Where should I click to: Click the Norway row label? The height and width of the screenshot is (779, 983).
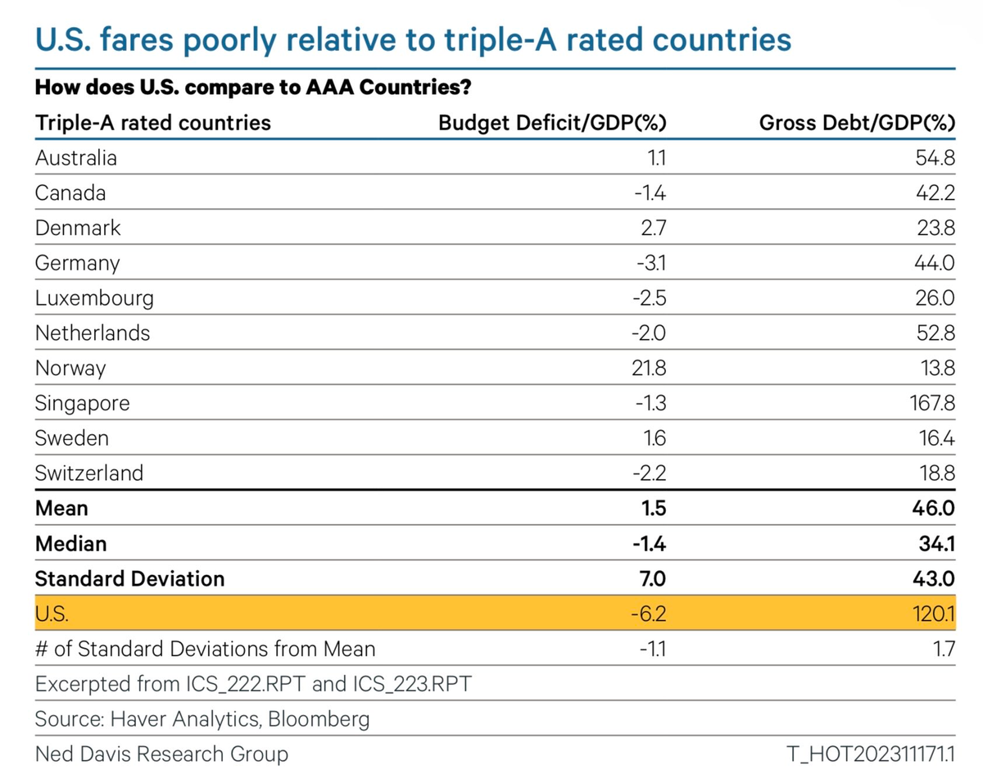coord(70,369)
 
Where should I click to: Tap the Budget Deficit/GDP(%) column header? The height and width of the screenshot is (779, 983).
coord(552,123)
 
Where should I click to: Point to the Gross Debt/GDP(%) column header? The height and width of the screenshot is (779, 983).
coord(858,123)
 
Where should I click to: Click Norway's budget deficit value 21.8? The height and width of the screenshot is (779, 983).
coord(650,369)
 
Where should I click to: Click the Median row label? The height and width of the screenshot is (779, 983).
coord(70,543)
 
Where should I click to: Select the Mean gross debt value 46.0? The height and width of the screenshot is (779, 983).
coord(933,508)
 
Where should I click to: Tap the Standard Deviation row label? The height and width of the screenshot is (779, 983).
coord(129,578)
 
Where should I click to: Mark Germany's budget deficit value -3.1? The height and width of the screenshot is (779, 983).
coord(651,263)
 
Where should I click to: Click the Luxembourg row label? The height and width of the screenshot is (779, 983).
coord(94,298)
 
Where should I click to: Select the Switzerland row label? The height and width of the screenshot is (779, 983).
coord(89,473)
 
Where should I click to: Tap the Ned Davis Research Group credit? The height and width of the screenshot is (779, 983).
coord(161,753)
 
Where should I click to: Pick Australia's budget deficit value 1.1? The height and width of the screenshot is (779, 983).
coord(655,158)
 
